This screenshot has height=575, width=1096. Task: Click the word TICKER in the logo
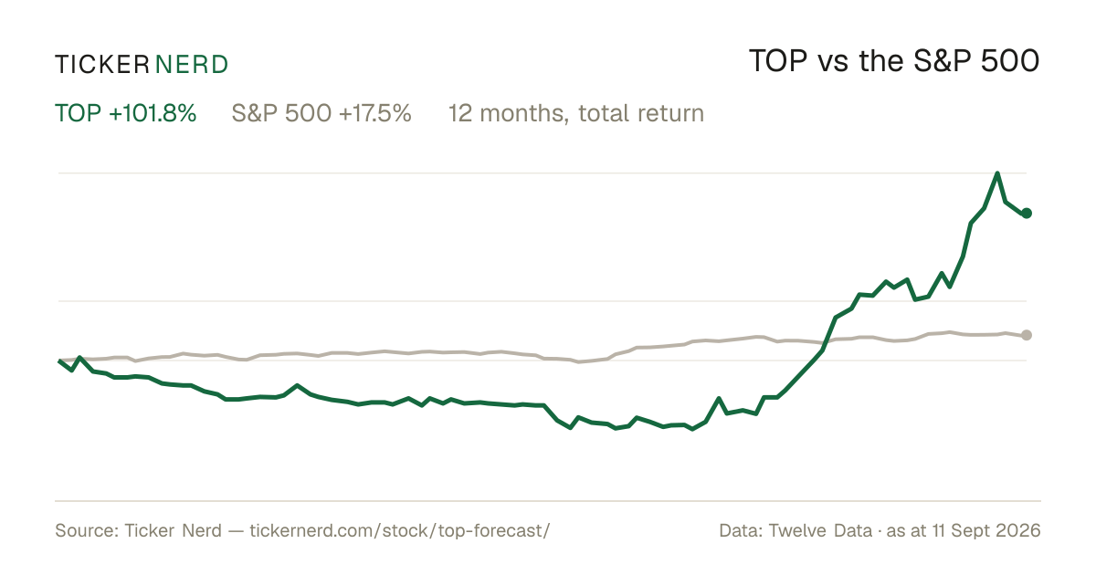102,65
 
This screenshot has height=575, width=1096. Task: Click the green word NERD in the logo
192,65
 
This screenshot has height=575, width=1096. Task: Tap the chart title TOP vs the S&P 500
894,61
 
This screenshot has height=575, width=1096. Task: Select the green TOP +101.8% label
126,113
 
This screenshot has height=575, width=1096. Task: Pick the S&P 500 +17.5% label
321,113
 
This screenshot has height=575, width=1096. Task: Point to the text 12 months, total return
576,113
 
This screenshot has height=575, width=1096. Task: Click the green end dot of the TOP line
1027,214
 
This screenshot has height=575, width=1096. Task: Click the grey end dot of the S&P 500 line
1027,335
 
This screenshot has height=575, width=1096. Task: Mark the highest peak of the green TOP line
997,173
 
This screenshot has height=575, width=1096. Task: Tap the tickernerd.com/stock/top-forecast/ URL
400,530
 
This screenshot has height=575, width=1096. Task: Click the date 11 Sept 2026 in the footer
986,530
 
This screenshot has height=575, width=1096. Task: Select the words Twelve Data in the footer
820,530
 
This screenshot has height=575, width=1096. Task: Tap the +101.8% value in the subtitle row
153,113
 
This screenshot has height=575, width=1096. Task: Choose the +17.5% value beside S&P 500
374,113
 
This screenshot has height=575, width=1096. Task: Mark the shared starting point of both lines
58,361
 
